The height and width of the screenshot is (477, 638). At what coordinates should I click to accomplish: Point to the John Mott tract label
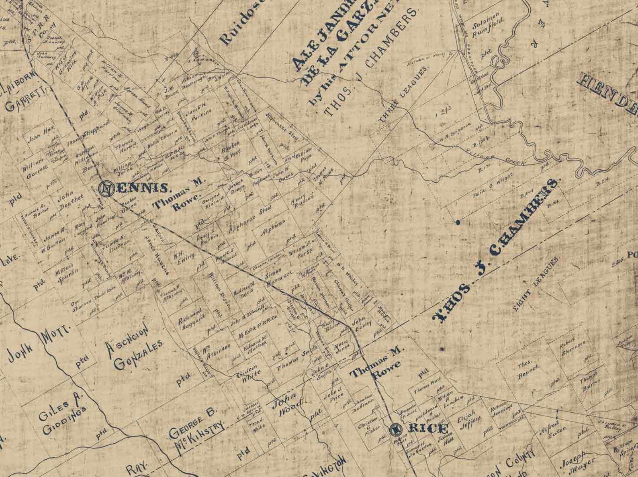[x=39, y=344]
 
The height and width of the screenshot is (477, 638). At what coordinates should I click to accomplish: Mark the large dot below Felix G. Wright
[x=458, y=222]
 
